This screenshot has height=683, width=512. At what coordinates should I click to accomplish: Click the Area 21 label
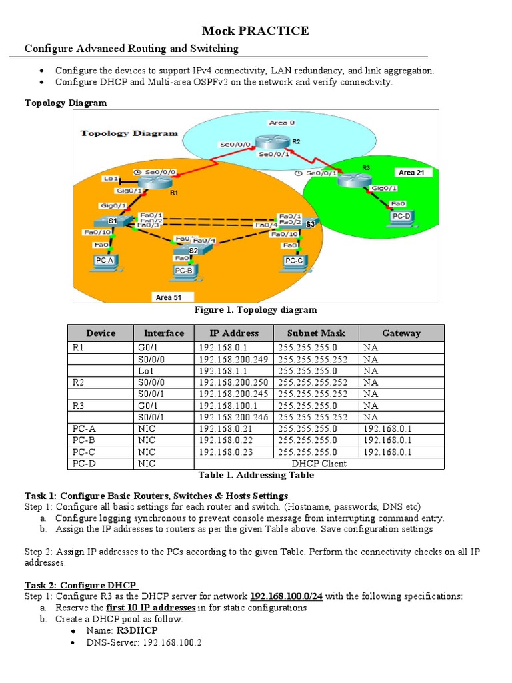tap(412, 173)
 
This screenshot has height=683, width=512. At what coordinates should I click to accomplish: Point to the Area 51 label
tap(173, 297)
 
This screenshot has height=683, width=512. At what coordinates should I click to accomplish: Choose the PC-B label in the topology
tap(183, 271)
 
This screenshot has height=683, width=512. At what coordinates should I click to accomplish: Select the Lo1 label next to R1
tap(111, 179)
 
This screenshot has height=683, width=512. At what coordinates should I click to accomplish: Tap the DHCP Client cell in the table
tap(319, 463)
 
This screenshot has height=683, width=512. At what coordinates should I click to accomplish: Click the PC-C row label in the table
tap(84, 452)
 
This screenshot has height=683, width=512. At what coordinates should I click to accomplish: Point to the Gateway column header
tap(401, 333)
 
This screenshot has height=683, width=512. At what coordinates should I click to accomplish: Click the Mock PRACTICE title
tap(255, 31)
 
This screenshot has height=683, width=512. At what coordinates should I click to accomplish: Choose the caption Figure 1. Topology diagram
tap(255, 309)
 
